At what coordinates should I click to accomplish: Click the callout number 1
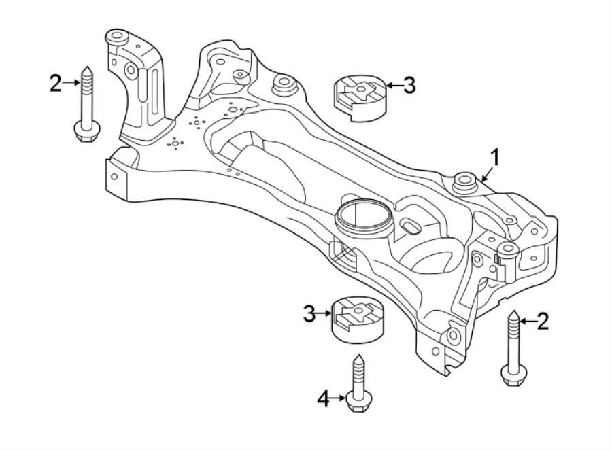point(495,158)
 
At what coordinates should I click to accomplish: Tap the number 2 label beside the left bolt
point(55,84)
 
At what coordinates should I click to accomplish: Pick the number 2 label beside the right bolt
point(542,322)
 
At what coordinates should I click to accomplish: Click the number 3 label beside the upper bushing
point(408,86)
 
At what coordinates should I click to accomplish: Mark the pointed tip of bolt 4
point(357,359)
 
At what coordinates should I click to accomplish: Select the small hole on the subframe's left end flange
point(114,177)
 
